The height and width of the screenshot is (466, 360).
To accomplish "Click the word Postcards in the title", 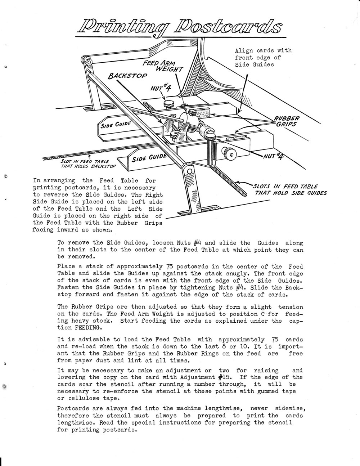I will pyautogui.click(x=229, y=27).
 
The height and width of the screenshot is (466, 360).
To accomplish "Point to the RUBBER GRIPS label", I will pyautogui.click(x=287, y=121).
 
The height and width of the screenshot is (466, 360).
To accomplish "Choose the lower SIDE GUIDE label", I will pyautogui.click(x=148, y=158).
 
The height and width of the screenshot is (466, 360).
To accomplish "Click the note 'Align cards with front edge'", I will pyautogui.click(x=263, y=57).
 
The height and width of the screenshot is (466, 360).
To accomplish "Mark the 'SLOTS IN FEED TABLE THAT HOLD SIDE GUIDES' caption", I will pyautogui.click(x=290, y=189).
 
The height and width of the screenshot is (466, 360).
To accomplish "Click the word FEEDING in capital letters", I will pyautogui.click(x=90, y=328).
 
